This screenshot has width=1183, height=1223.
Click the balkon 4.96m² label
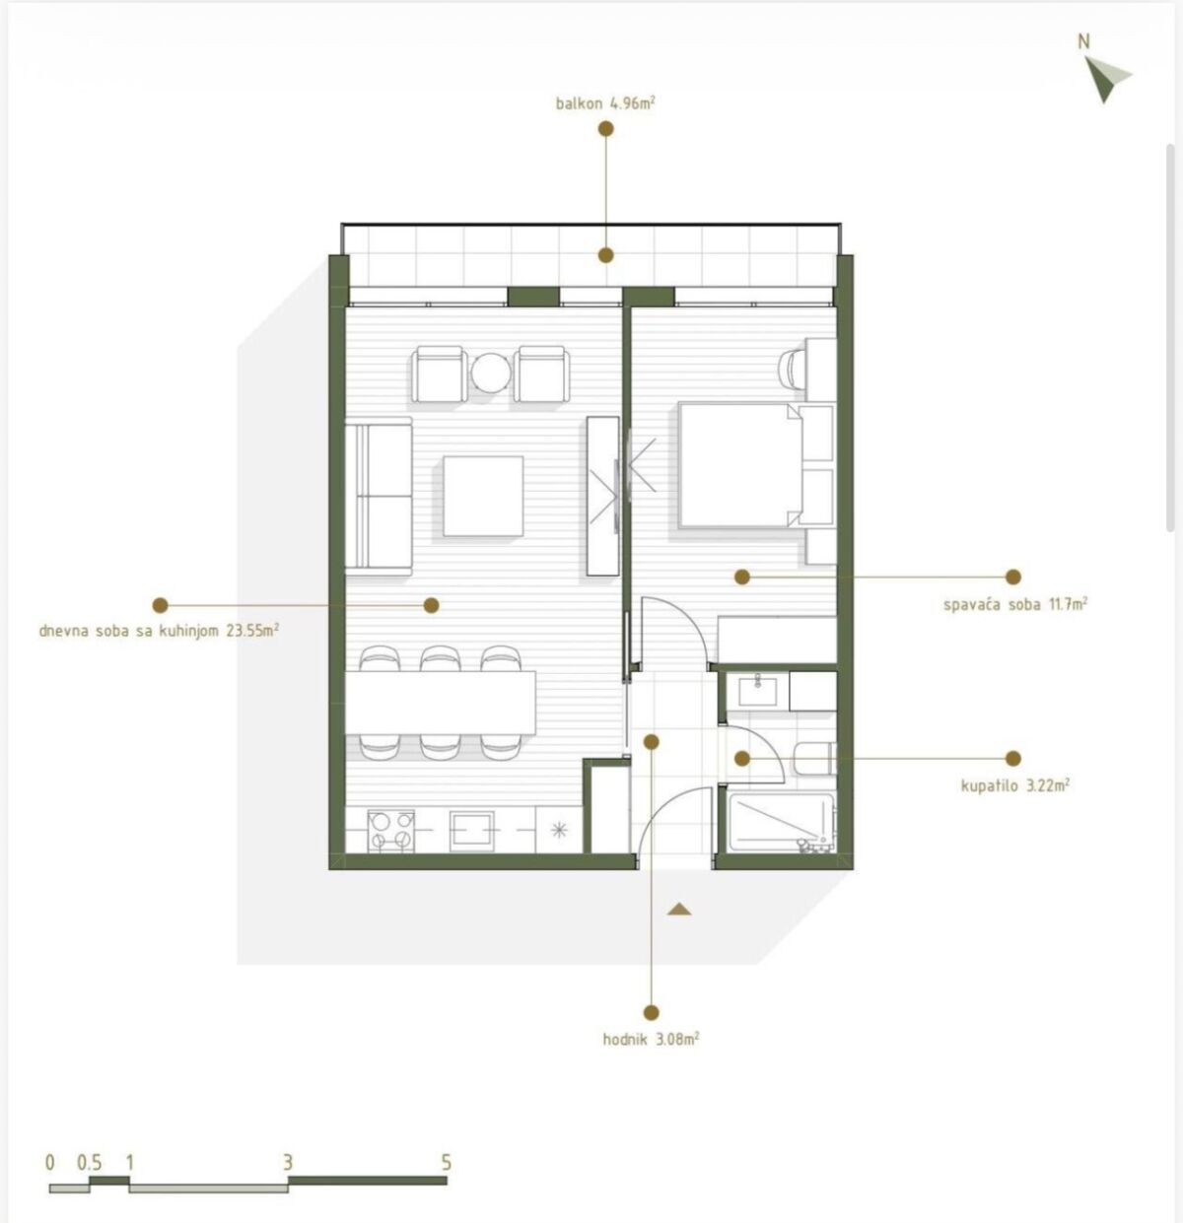coord(604,102)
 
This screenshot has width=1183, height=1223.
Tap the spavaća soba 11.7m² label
coord(1015,604)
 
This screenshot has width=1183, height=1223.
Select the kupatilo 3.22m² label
coord(1015,785)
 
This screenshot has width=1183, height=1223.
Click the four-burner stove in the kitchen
coord(391,831)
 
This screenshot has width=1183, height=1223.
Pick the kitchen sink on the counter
coord(471,831)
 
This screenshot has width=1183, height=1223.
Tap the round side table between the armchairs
coord(491,373)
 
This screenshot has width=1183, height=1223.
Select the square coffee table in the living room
coord(483,497)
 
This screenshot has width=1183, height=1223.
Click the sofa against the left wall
coord(379,497)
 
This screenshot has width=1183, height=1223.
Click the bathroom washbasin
coord(758,691)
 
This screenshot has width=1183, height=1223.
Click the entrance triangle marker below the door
coord(679,910)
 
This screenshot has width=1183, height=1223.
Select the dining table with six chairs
coord(440,704)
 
